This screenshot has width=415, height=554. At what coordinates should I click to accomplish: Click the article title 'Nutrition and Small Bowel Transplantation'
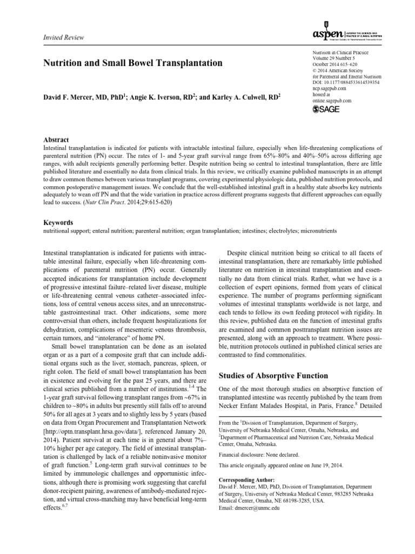tap(132, 63)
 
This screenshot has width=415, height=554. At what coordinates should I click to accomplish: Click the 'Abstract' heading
tap(56, 140)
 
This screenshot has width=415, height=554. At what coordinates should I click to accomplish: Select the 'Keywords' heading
tap(58, 222)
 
